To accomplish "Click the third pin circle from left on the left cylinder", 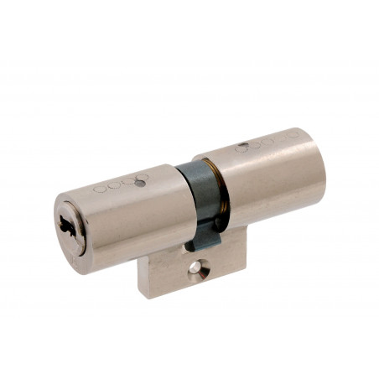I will pyautogui.click(x=129, y=182).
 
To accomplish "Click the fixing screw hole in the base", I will pyautogui.click(x=195, y=267).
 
